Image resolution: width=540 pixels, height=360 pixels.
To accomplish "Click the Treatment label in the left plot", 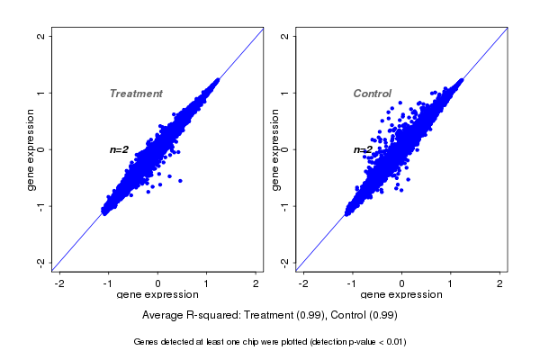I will (136, 94).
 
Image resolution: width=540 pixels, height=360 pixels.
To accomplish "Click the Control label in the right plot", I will (372, 94).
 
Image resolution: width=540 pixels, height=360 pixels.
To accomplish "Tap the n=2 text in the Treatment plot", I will (120, 149).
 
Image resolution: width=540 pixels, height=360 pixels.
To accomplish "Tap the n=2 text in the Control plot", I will (363, 149).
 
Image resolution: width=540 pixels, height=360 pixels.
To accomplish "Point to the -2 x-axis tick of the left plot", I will (59, 283).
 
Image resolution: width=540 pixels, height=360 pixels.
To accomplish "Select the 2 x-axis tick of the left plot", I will (256, 283).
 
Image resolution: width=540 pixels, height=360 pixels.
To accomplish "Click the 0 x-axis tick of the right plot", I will (401, 283).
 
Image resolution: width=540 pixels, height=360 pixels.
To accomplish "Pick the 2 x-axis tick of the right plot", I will (500, 283).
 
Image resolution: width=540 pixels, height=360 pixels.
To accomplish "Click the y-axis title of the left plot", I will (31, 149).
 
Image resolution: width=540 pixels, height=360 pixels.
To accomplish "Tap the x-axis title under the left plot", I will (157, 294).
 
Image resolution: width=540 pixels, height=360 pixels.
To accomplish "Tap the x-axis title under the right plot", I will (401, 294).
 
